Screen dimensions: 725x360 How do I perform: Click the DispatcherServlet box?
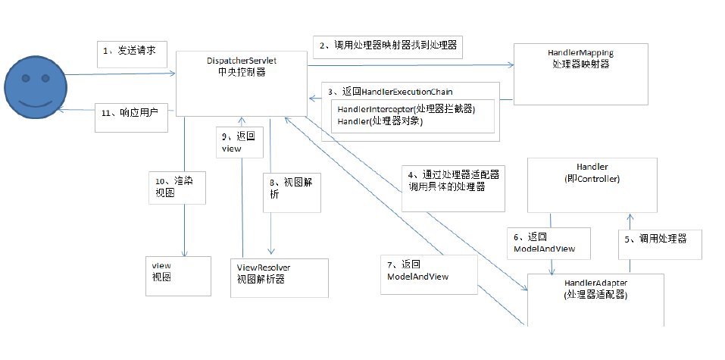tap(242, 83)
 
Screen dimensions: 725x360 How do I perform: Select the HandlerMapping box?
tap(581, 74)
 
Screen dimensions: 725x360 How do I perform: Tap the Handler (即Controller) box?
tap(592, 185)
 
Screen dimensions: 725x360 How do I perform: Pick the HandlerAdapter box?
tap(595, 300)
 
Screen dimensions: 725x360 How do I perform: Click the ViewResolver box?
tap(280, 277)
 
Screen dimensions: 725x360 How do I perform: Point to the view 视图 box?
tap(179, 276)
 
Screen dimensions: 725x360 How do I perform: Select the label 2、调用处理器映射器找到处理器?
tap(388, 47)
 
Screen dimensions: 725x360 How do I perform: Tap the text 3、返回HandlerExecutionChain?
tap(390, 92)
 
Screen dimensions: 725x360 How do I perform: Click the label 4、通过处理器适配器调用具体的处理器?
tap(453, 189)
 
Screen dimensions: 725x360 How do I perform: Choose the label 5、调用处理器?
tap(661, 244)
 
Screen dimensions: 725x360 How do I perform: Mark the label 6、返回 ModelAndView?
tap(548, 243)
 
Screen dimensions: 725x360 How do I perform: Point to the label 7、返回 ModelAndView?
tap(429, 274)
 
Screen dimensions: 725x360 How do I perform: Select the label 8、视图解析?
tap(292, 193)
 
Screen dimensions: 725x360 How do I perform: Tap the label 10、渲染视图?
tap(177, 187)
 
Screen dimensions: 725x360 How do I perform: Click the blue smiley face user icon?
tap(36, 87)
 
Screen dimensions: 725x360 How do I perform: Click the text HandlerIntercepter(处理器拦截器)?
tap(406, 110)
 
